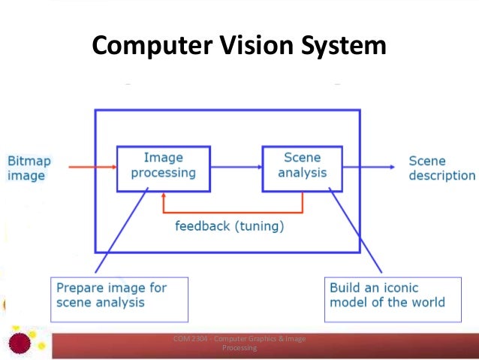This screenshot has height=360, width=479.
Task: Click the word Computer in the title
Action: click(147, 47)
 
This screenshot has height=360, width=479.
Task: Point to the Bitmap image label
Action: click(26, 168)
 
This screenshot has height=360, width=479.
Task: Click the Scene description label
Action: click(441, 168)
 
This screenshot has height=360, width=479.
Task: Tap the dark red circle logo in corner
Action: click(20, 343)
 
